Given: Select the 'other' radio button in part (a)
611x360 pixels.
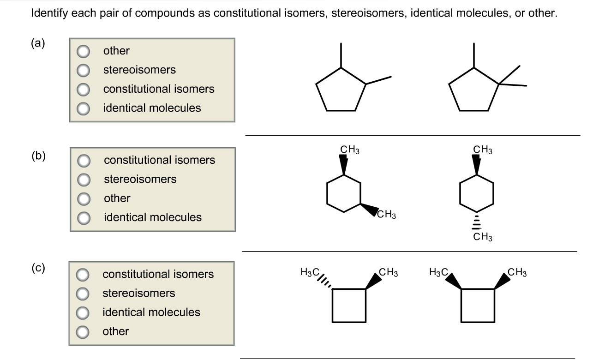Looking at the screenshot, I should click(84, 51).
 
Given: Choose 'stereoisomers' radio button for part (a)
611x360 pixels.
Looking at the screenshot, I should click(84, 70).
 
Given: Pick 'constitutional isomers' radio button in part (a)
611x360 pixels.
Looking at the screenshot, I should click(84, 89).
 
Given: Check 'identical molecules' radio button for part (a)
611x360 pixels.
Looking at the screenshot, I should click(84, 108).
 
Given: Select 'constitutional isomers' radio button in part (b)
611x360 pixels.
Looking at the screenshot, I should click(84, 161).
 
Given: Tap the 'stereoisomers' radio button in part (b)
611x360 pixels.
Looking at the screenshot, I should click(84, 180).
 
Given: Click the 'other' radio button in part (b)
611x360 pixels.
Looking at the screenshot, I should click(84, 198).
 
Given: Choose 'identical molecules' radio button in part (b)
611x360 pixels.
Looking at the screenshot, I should click(84, 217).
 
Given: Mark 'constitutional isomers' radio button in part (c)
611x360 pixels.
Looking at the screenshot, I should click(83, 275).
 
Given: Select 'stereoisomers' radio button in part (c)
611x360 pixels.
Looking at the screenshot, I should click(83, 294).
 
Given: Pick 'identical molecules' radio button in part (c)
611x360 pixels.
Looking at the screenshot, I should click(83, 312).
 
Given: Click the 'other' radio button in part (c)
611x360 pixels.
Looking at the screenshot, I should click(83, 331).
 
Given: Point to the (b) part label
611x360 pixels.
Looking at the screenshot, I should click(39, 155).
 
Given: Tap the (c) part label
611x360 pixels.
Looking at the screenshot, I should click(38, 268).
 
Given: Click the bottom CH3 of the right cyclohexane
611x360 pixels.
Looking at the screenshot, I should click(483, 238).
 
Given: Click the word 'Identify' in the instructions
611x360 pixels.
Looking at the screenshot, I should click(48, 13).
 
